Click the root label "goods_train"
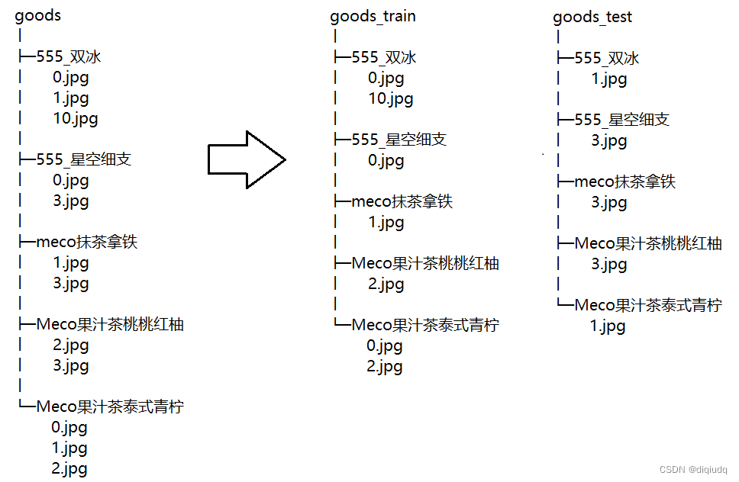pos(373,16)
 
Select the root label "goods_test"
pos(592,17)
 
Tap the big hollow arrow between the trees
pos(247,159)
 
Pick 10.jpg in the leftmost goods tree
pos(76,118)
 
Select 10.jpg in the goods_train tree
pos(390,98)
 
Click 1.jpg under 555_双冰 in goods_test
pos(608,79)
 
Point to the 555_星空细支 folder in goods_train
pos(399,140)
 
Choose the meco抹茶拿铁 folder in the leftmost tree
pos(87,243)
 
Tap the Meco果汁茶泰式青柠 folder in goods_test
pos(647,305)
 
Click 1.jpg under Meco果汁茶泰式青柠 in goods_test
pos(608,326)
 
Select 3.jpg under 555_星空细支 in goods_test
pos(608,140)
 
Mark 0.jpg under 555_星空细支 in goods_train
pos(386,160)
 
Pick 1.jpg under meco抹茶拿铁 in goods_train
pos(386,223)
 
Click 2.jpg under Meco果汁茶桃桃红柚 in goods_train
pos(386,284)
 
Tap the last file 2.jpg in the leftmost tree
pos(69,468)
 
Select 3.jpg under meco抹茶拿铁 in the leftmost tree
pos(71,283)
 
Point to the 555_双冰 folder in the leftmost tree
pos(69,57)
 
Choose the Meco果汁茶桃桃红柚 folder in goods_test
pos(647,243)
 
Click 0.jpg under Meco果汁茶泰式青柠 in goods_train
pos(384,346)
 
